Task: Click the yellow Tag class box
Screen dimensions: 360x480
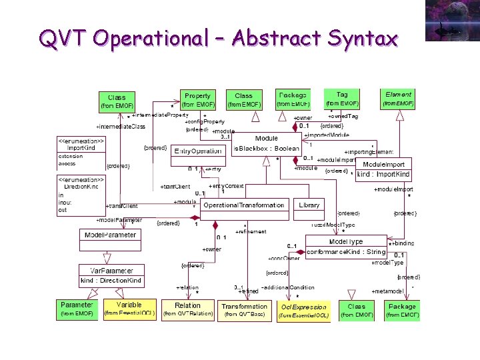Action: tap(341, 99)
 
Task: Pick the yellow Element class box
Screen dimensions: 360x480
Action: tap(399, 99)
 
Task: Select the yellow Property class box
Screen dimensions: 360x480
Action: tap(197, 100)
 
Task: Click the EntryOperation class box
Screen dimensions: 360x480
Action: tap(198, 151)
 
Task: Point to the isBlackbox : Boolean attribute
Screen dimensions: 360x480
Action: tap(266, 149)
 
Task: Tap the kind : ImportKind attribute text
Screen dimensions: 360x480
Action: tap(383, 175)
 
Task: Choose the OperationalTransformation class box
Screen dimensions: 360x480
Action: tap(243, 205)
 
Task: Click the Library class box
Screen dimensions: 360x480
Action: tap(309, 205)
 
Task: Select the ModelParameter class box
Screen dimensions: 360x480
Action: tap(110, 235)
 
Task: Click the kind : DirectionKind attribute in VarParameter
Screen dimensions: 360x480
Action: tap(111, 281)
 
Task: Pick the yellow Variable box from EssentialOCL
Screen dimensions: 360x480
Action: tap(129, 308)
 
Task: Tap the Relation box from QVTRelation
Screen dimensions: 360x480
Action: tap(187, 309)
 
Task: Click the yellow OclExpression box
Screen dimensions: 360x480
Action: tap(303, 311)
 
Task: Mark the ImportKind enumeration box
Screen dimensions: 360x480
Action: tap(81, 152)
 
